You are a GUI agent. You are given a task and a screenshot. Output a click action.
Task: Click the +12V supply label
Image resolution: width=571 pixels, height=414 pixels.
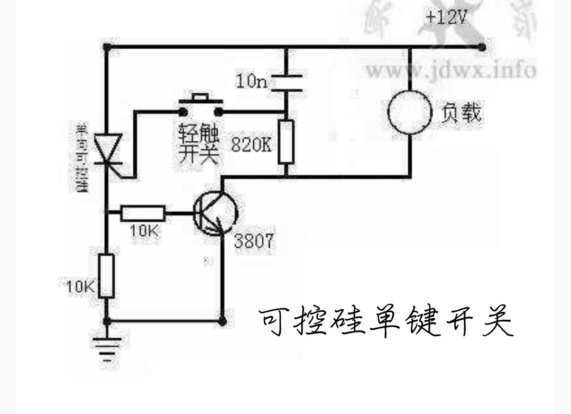447,18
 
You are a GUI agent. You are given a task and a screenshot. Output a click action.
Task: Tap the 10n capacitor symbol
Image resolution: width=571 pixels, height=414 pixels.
285,83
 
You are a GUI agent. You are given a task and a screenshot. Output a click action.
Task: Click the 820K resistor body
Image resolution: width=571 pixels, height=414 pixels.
285,141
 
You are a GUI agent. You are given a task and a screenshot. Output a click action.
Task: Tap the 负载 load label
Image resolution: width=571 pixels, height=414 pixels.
461,112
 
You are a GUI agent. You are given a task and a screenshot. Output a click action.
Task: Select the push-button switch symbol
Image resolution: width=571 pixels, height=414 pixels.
200,106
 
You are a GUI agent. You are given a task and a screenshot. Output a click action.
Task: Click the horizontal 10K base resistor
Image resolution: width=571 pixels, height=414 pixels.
143,214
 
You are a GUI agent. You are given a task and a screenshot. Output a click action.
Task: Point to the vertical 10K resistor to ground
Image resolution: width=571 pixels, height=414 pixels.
107,275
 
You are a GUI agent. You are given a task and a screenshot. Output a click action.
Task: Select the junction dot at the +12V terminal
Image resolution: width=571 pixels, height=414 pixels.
481,47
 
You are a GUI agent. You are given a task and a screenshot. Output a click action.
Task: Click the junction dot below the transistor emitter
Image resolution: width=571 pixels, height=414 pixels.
223,321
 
